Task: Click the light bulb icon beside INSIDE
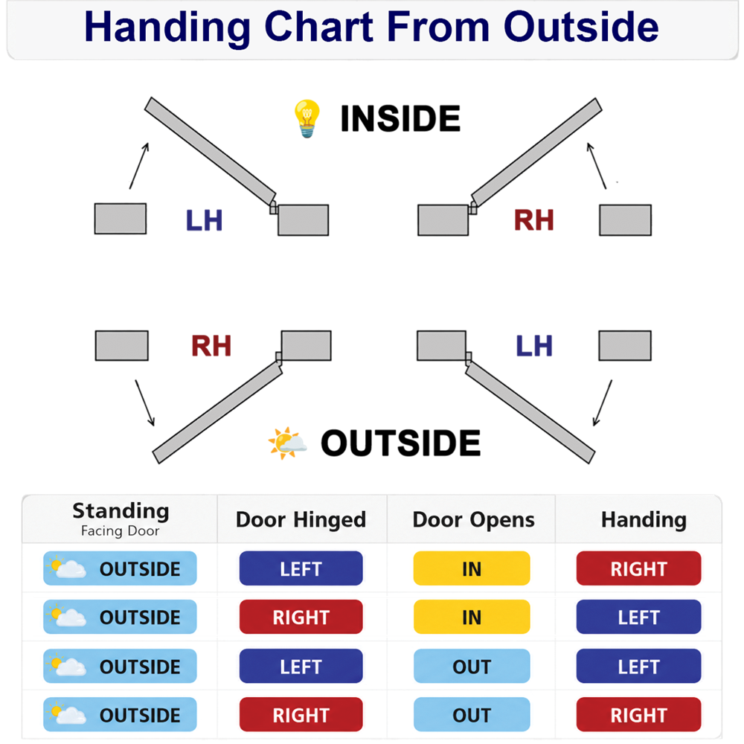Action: tap(307, 118)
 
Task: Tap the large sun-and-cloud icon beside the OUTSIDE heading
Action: tap(287, 443)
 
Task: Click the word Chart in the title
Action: tap(318, 27)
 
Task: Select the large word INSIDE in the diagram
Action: tap(400, 118)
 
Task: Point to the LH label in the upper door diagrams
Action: tap(204, 220)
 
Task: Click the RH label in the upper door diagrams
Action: tap(533, 220)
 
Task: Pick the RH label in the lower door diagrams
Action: tap(211, 345)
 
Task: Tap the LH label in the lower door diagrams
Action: tap(534, 345)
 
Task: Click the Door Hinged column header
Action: tap(301, 519)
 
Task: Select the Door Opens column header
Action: tap(473, 520)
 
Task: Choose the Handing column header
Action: tap(644, 520)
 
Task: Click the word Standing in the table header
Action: tap(121, 511)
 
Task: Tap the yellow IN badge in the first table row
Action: tap(472, 568)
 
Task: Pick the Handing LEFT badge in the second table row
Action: tap(638, 617)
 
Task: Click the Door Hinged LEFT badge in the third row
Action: tap(301, 666)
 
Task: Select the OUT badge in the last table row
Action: tap(472, 714)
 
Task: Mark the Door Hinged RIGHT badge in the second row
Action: tap(301, 617)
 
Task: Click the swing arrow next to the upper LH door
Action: tap(139, 166)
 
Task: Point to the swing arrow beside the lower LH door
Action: tap(603, 403)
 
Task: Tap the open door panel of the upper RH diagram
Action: tap(536, 153)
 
